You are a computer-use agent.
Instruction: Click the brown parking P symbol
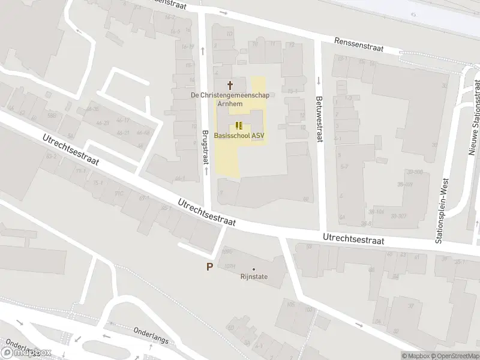click(209, 267)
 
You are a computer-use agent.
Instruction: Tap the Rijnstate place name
click(254, 277)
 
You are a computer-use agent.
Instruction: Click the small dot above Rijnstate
click(254, 269)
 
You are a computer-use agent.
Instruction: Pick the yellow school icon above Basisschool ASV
click(239, 125)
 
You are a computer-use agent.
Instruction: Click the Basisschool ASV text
click(239, 135)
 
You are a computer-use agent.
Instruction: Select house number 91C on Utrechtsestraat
click(119, 193)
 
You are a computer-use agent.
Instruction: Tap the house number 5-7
click(344, 167)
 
